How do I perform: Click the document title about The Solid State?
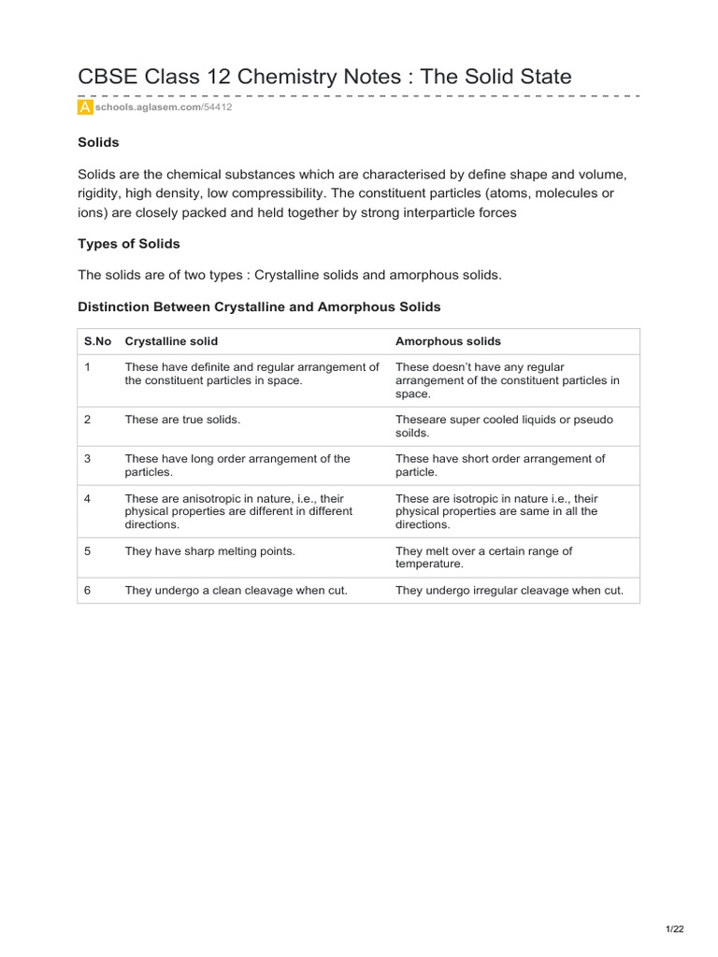point(324,77)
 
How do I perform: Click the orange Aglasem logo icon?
point(85,107)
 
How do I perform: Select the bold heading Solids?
point(98,143)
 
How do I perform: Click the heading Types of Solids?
point(129,244)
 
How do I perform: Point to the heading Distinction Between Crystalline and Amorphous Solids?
point(259,307)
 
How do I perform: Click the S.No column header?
point(97,341)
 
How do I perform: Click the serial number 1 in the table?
point(87,367)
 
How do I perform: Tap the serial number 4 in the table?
point(87,498)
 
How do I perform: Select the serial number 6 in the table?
point(87,591)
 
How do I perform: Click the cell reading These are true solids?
point(182,420)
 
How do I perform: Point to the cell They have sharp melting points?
point(209,551)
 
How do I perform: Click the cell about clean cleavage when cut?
point(230,591)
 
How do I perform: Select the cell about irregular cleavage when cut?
point(510,591)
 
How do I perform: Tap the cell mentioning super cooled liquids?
point(504,426)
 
